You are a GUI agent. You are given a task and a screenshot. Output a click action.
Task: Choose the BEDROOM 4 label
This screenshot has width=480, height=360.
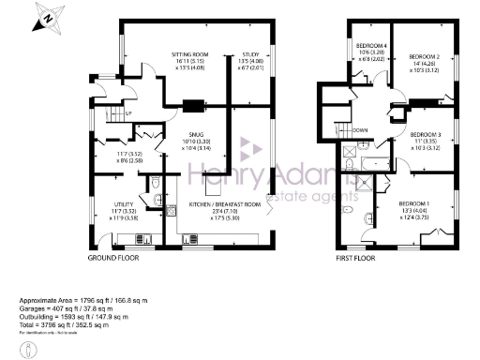372,45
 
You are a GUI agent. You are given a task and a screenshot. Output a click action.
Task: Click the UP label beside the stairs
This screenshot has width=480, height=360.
128,113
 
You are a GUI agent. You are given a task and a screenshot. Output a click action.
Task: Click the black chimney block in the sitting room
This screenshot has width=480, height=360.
194,105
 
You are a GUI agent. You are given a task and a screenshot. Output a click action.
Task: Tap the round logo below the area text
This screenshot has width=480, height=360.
30,349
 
